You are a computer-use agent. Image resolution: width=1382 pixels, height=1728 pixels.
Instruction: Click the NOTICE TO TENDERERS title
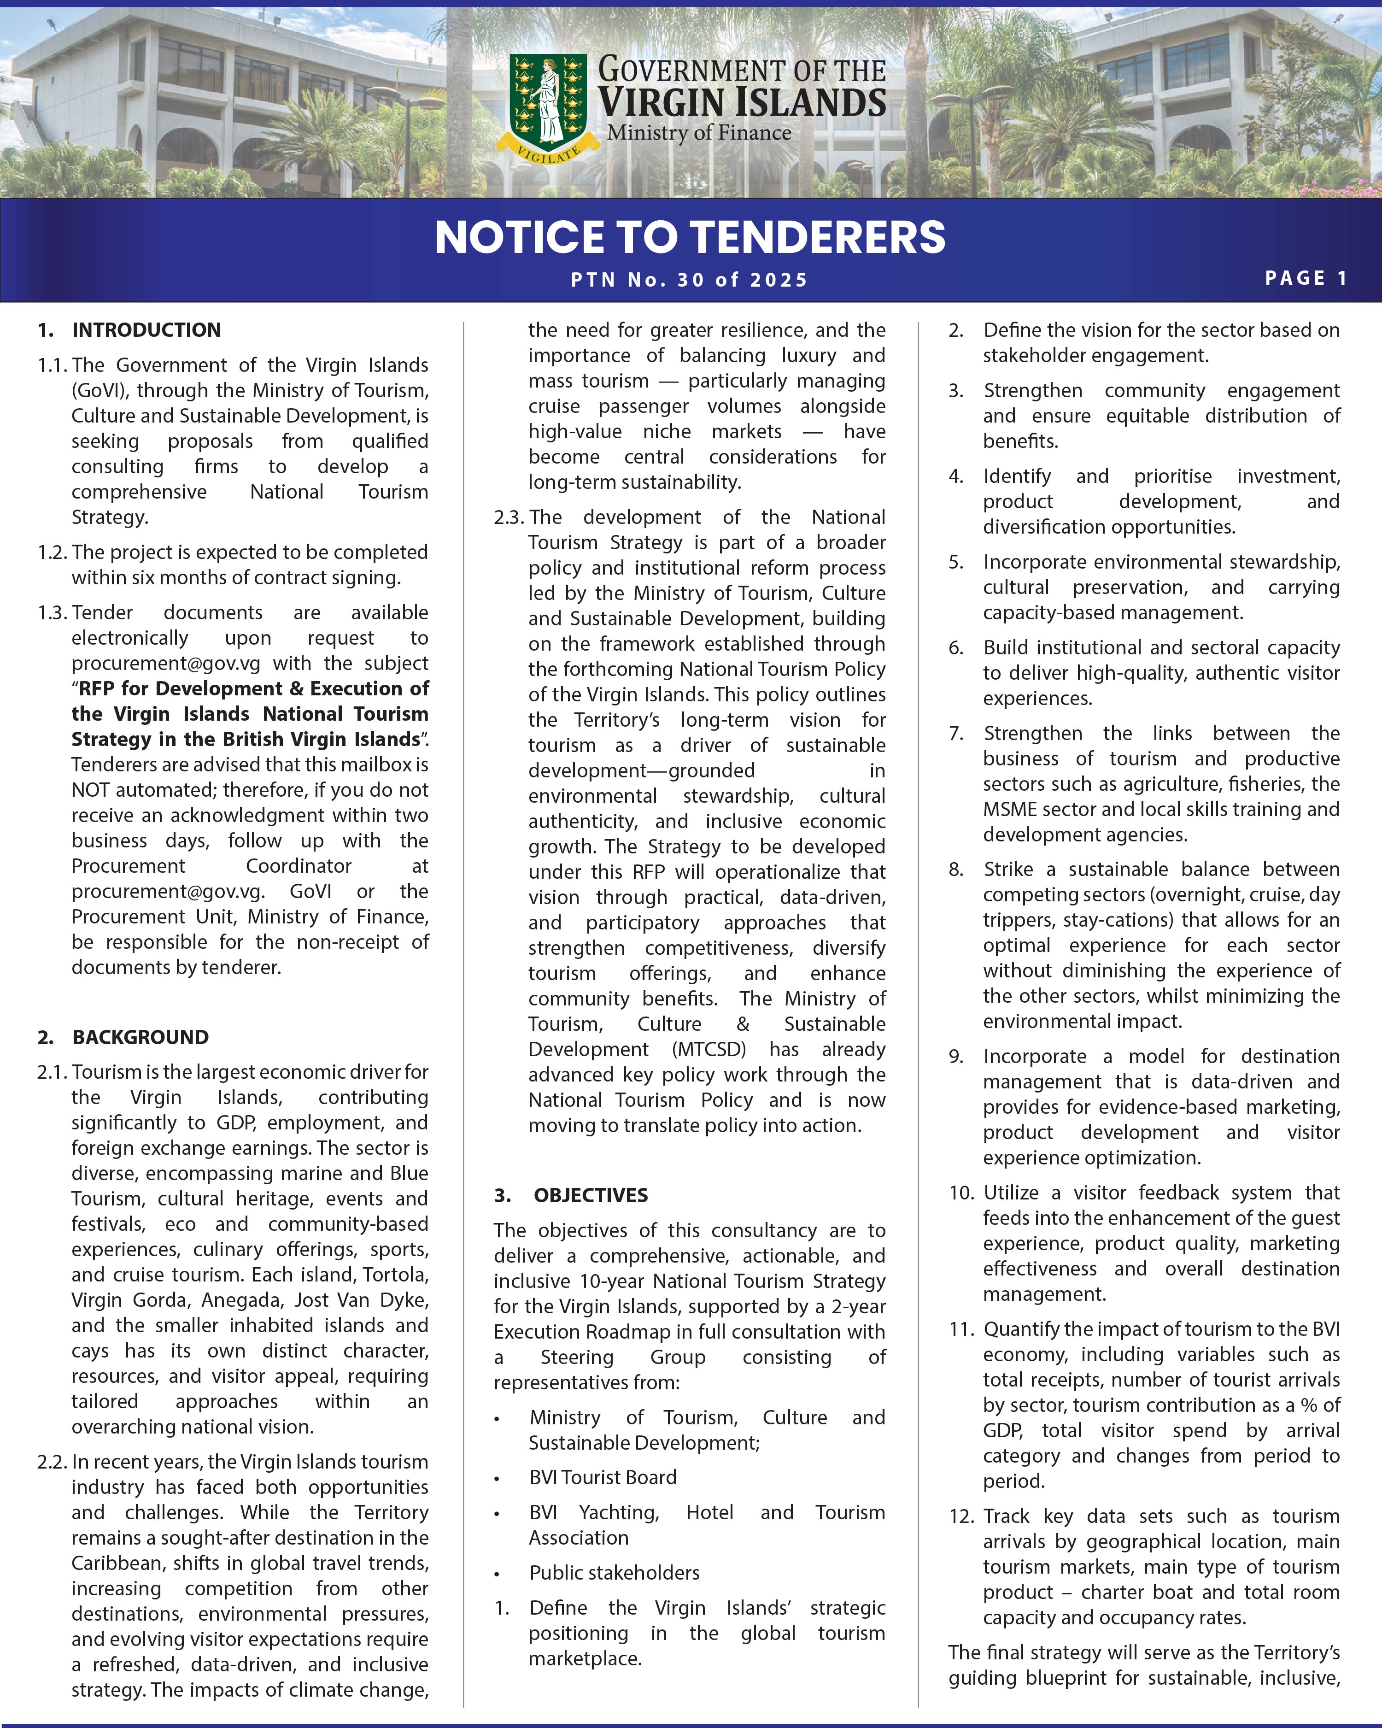[x=690, y=237]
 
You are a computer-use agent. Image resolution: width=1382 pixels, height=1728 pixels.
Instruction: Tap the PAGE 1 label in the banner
[x=1306, y=278]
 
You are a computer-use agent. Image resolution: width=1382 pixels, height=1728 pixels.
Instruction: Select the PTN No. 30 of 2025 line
[x=689, y=280]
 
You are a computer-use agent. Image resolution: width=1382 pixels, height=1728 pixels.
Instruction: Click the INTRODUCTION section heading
[x=146, y=330]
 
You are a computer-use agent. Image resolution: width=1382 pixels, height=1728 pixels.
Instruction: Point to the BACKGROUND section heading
[x=140, y=1037]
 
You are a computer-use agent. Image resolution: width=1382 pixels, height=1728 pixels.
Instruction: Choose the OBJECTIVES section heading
[x=591, y=1195]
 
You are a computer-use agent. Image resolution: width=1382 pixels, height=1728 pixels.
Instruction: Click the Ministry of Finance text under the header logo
[x=699, y=133]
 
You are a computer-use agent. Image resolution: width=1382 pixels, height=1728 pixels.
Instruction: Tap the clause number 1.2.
[x=53, y=552]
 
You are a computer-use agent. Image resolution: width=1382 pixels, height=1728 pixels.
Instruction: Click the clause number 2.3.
[x=509, y=517]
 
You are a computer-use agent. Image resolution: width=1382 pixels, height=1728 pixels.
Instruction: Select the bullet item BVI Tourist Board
[x=603, y=1477]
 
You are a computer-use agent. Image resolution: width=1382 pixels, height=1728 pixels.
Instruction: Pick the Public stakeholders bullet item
[x=614, y=1573]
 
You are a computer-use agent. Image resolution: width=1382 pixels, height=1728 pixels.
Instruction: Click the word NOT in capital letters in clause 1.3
[x=91, y=790]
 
